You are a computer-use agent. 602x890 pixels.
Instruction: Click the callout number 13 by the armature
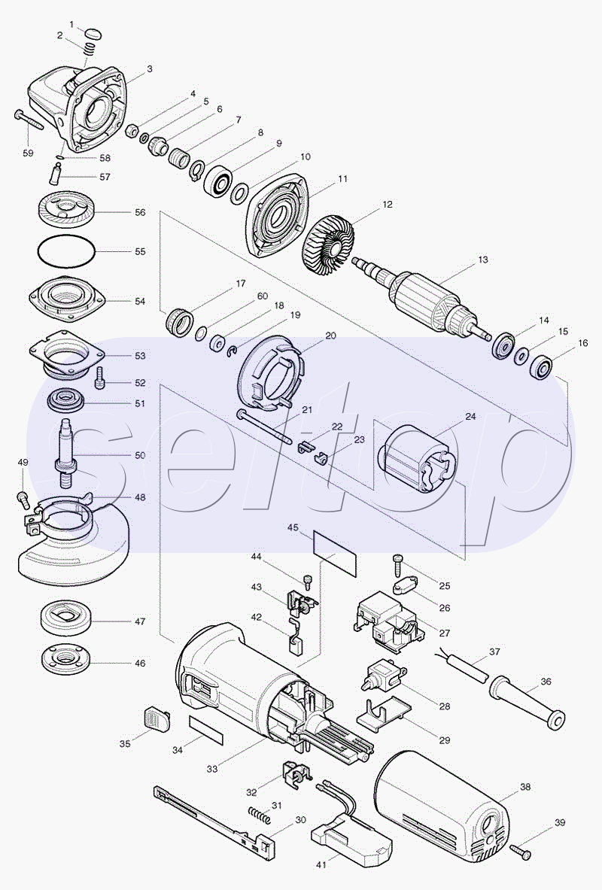tap(483, 260)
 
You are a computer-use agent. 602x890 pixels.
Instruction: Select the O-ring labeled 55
tap(66, 251)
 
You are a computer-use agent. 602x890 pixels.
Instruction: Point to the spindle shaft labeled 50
tap(66, 452)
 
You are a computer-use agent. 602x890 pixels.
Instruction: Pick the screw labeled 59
tap(28, 120)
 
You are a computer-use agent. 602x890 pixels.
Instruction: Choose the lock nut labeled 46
tap(65, 658)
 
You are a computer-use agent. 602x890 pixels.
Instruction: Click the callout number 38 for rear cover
tap(525, 787)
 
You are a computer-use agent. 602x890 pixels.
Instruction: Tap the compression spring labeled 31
tap(259, 813)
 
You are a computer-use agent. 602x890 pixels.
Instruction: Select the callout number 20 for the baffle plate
tap(330, 336)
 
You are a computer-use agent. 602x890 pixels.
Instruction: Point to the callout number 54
tap(140, 301)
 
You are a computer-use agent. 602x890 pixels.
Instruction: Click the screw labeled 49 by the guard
tap(22, 499)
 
